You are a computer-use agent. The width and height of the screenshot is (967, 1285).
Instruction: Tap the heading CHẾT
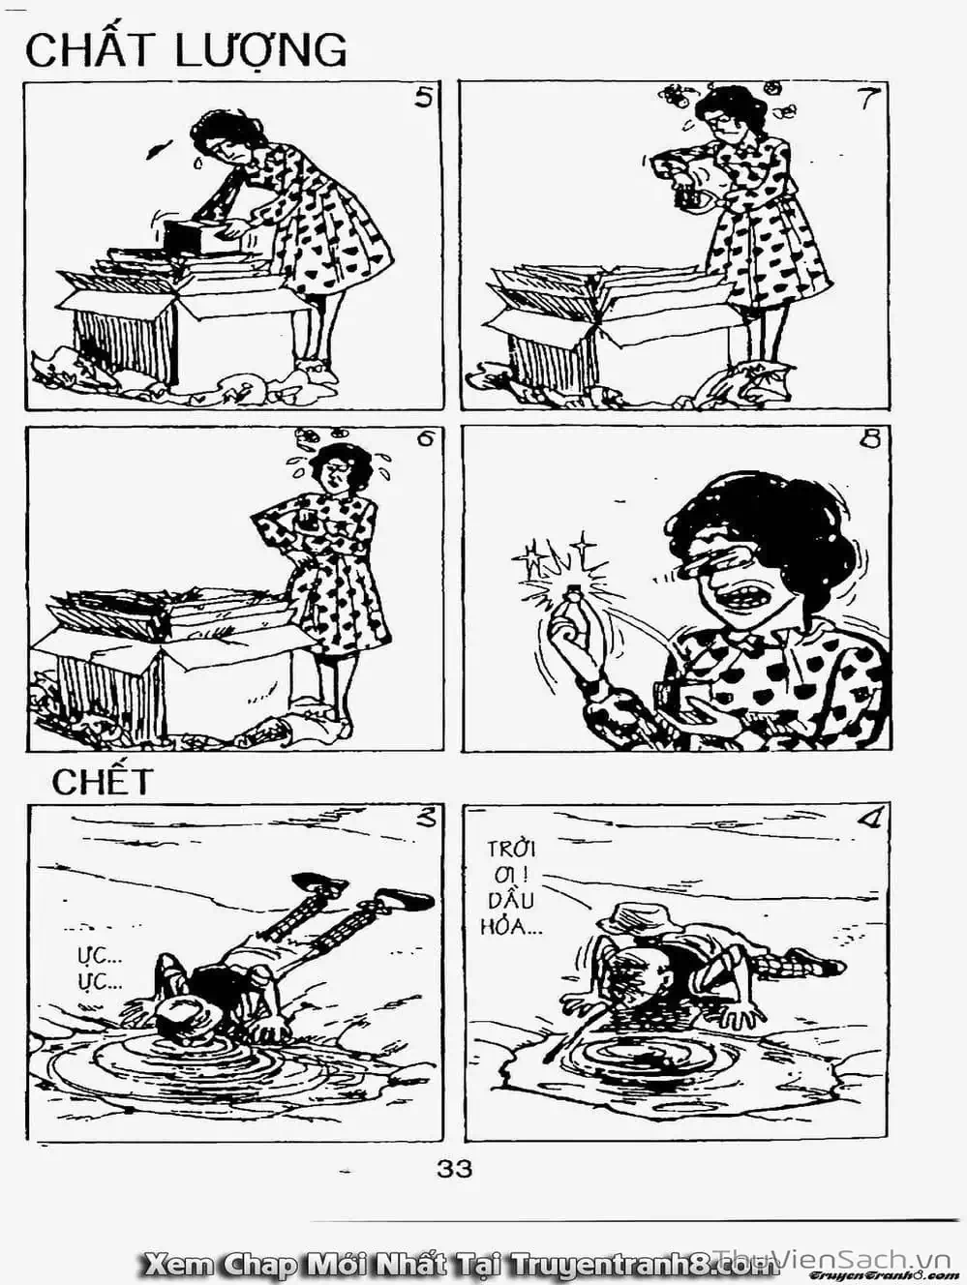(102, 782)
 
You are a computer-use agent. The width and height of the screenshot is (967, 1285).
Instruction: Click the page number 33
(454, 1170)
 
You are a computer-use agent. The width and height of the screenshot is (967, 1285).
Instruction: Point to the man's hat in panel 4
(638, 923)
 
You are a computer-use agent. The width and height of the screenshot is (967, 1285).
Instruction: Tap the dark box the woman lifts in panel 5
(187, 234)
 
